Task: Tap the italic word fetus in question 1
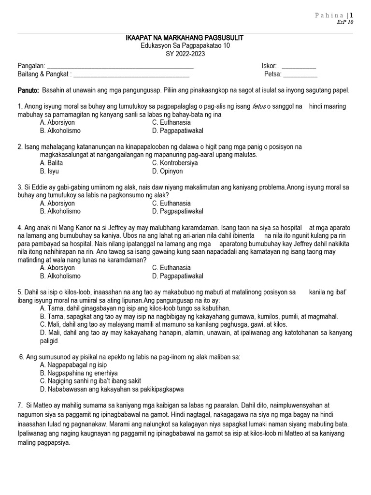tap(259, 106)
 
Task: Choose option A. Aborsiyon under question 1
tap(57, 123)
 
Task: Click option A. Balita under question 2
tap(52, 163)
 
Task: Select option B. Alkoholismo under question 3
tap(60, 211)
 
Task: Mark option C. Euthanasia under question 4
tap(171, 268)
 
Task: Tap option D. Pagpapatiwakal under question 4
tap(177, 276)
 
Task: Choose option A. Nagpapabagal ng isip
tap(73, 365)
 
